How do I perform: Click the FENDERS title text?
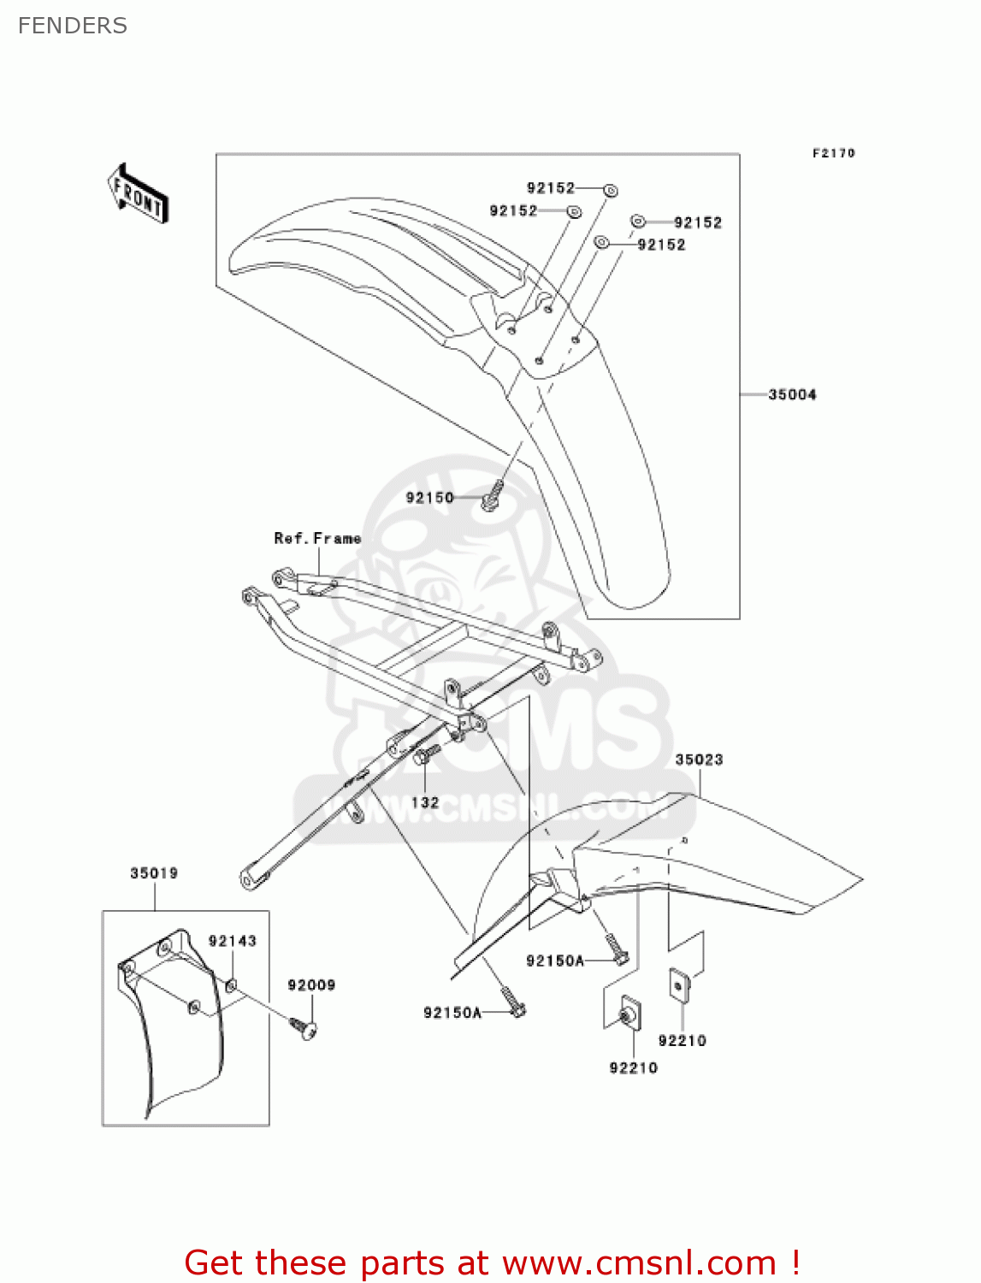pos(73,27)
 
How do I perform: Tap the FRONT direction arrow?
pos(138,194)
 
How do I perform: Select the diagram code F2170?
pos(833,153)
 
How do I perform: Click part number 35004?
pos(792,394)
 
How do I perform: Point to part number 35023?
pos(699,760)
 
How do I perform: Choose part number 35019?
pos(154,873)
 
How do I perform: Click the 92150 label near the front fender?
pos(429,498)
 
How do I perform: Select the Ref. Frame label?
pos(317,538)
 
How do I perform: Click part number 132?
pos(425,802)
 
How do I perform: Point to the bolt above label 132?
pos(425,754)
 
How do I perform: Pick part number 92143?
pos(232,941)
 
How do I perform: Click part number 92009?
pos(311,985)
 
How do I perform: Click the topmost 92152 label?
pos(551,188)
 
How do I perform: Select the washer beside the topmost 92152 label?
pos(611,190)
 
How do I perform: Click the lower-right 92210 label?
pos(682,1041)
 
